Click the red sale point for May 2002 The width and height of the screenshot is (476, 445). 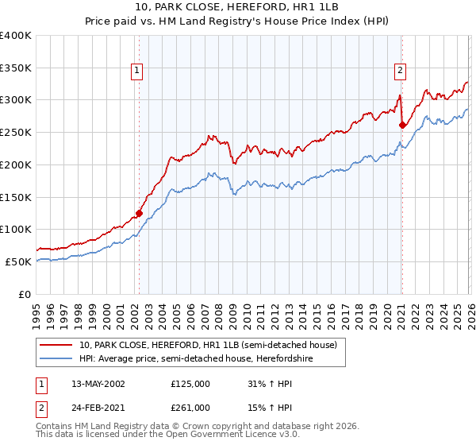[139, 213]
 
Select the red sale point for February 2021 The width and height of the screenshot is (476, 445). [402, 125]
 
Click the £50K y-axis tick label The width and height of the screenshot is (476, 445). [18, 261]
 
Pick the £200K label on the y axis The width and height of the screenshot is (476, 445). [16, 164]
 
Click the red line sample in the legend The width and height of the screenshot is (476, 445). [56, 345]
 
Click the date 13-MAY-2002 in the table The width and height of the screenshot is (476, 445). [98, 383]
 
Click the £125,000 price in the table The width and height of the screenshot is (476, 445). [190, 383]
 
